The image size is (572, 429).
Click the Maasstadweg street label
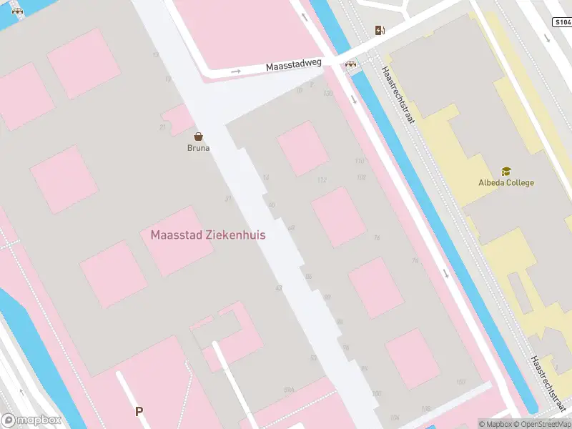tap(294, 65)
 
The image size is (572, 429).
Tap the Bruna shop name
tap(198, 148)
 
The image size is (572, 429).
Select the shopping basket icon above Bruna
tap(198, 136)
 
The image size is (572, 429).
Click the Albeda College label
tap(506, 182)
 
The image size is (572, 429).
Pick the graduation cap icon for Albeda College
tap(506, 172)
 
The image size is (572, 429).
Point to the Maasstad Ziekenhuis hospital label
tap(208, 235)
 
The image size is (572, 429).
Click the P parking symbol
tap(139, 411)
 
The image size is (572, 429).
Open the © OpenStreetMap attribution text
tap(541, 424)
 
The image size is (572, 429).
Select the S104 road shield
tap(561, 23)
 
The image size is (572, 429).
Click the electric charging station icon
tap(380, 30)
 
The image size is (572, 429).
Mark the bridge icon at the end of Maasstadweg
tap(351, 64)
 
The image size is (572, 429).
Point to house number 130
tap(328, 94)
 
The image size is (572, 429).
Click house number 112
tap(322, 179)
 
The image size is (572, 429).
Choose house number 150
tap(460, 383)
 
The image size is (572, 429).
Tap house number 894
tap(289, 390)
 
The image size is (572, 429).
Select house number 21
tap(162, 127)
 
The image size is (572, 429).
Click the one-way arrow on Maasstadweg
tap(236, 71)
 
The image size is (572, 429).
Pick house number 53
tap(313, 357)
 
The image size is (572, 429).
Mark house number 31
tap(228, 199)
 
